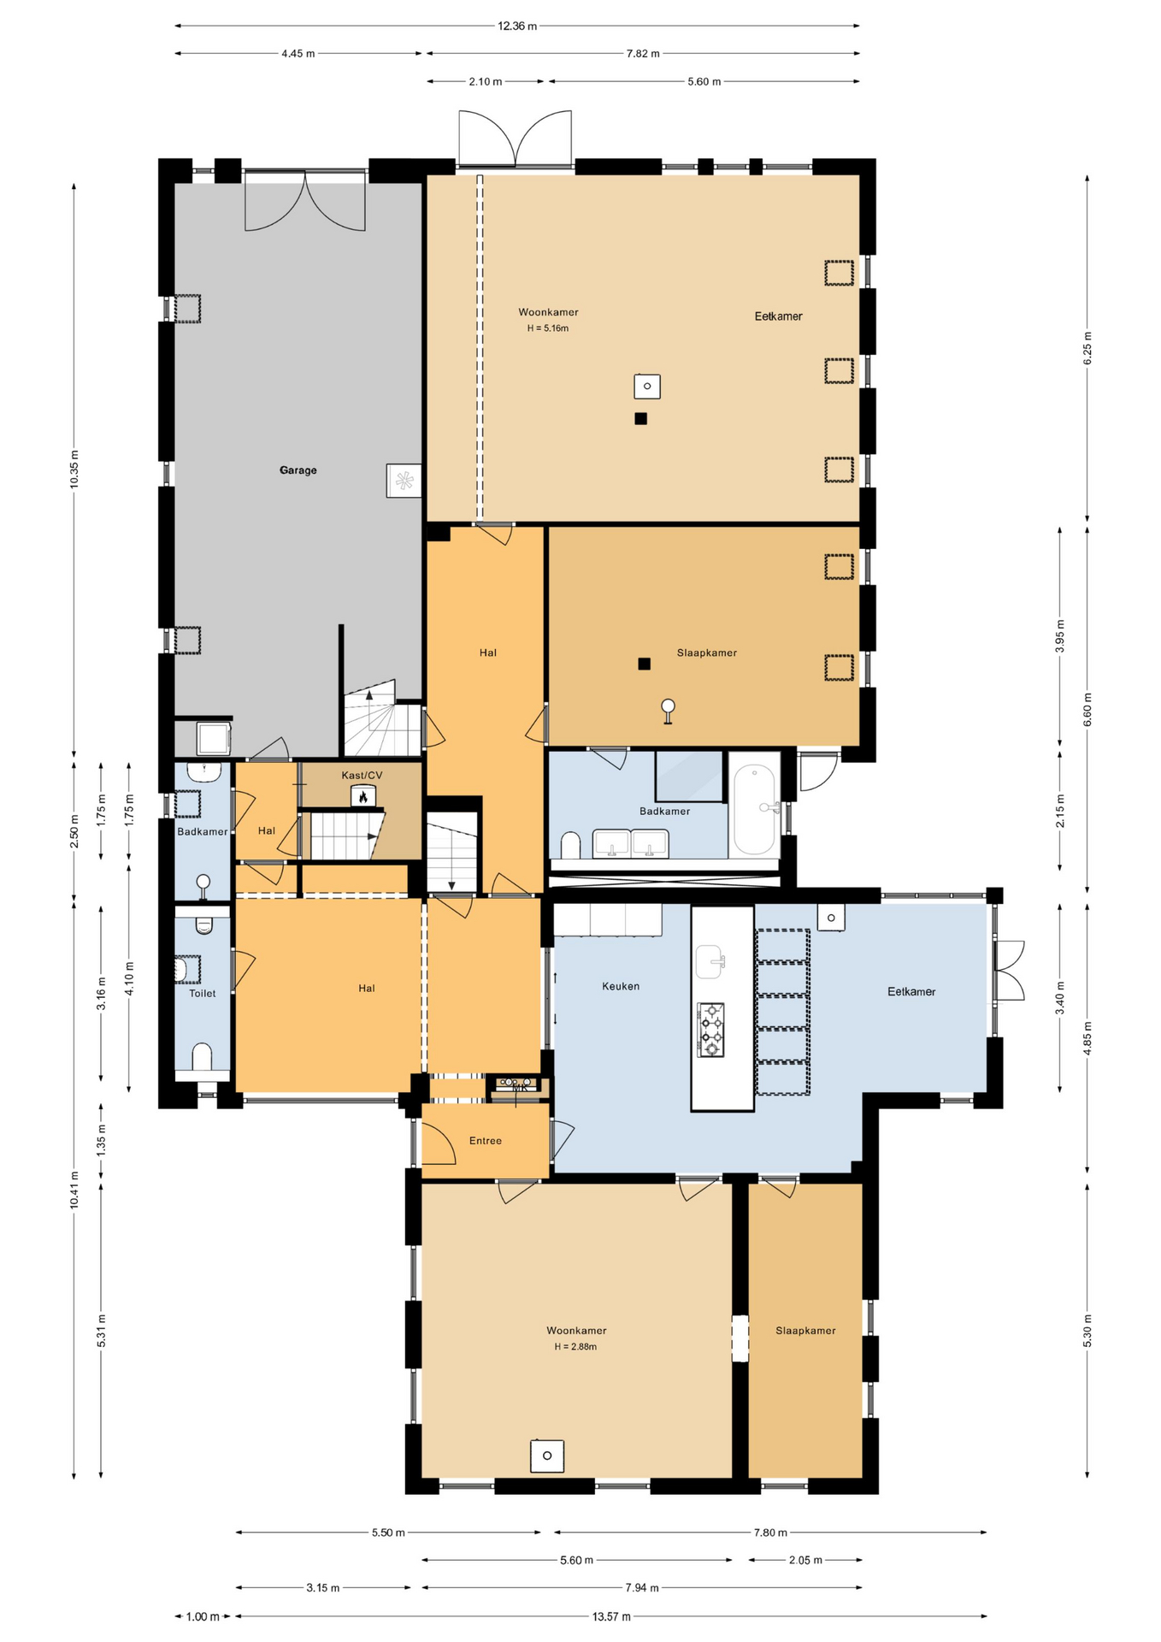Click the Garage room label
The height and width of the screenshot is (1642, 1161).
click(x=298, y=470)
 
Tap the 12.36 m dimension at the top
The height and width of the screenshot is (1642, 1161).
click(x=516, y=26)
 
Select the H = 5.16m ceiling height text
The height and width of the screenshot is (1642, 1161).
click(x=548, y=328)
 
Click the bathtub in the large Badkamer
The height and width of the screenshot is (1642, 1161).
click(x=754, y=809)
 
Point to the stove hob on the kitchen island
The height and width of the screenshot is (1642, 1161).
click(x=710, y=1030)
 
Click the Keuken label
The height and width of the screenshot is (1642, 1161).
click(x=621, y=986)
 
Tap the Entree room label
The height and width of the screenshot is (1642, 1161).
click(x=485, y=1141)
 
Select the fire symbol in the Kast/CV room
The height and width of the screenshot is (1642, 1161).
click(x=363, y=797)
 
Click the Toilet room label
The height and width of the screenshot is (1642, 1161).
click(x=203, y=994)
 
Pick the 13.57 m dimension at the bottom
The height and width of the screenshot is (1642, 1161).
click(x=611, y=1616)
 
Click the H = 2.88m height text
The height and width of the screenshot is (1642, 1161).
click(x=575, y=1347)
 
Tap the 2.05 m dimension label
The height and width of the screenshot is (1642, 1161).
click(x=804, y=1560)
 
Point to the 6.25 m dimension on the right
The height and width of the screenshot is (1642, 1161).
click(x=1087, y=348)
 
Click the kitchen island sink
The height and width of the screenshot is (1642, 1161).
click(x=710, y=961)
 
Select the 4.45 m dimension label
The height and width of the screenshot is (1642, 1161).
click(x=298, y=54)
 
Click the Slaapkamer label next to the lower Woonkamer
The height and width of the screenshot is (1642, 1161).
click(x=805, y=1331)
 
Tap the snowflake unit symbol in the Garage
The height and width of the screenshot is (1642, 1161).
click(x=404, y=481)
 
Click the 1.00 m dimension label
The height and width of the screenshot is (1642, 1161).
click(x=203, y=1616)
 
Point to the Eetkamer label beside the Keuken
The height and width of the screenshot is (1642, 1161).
click(x=911, y=992)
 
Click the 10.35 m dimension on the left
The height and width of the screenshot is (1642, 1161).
click(x=74, y=469)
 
